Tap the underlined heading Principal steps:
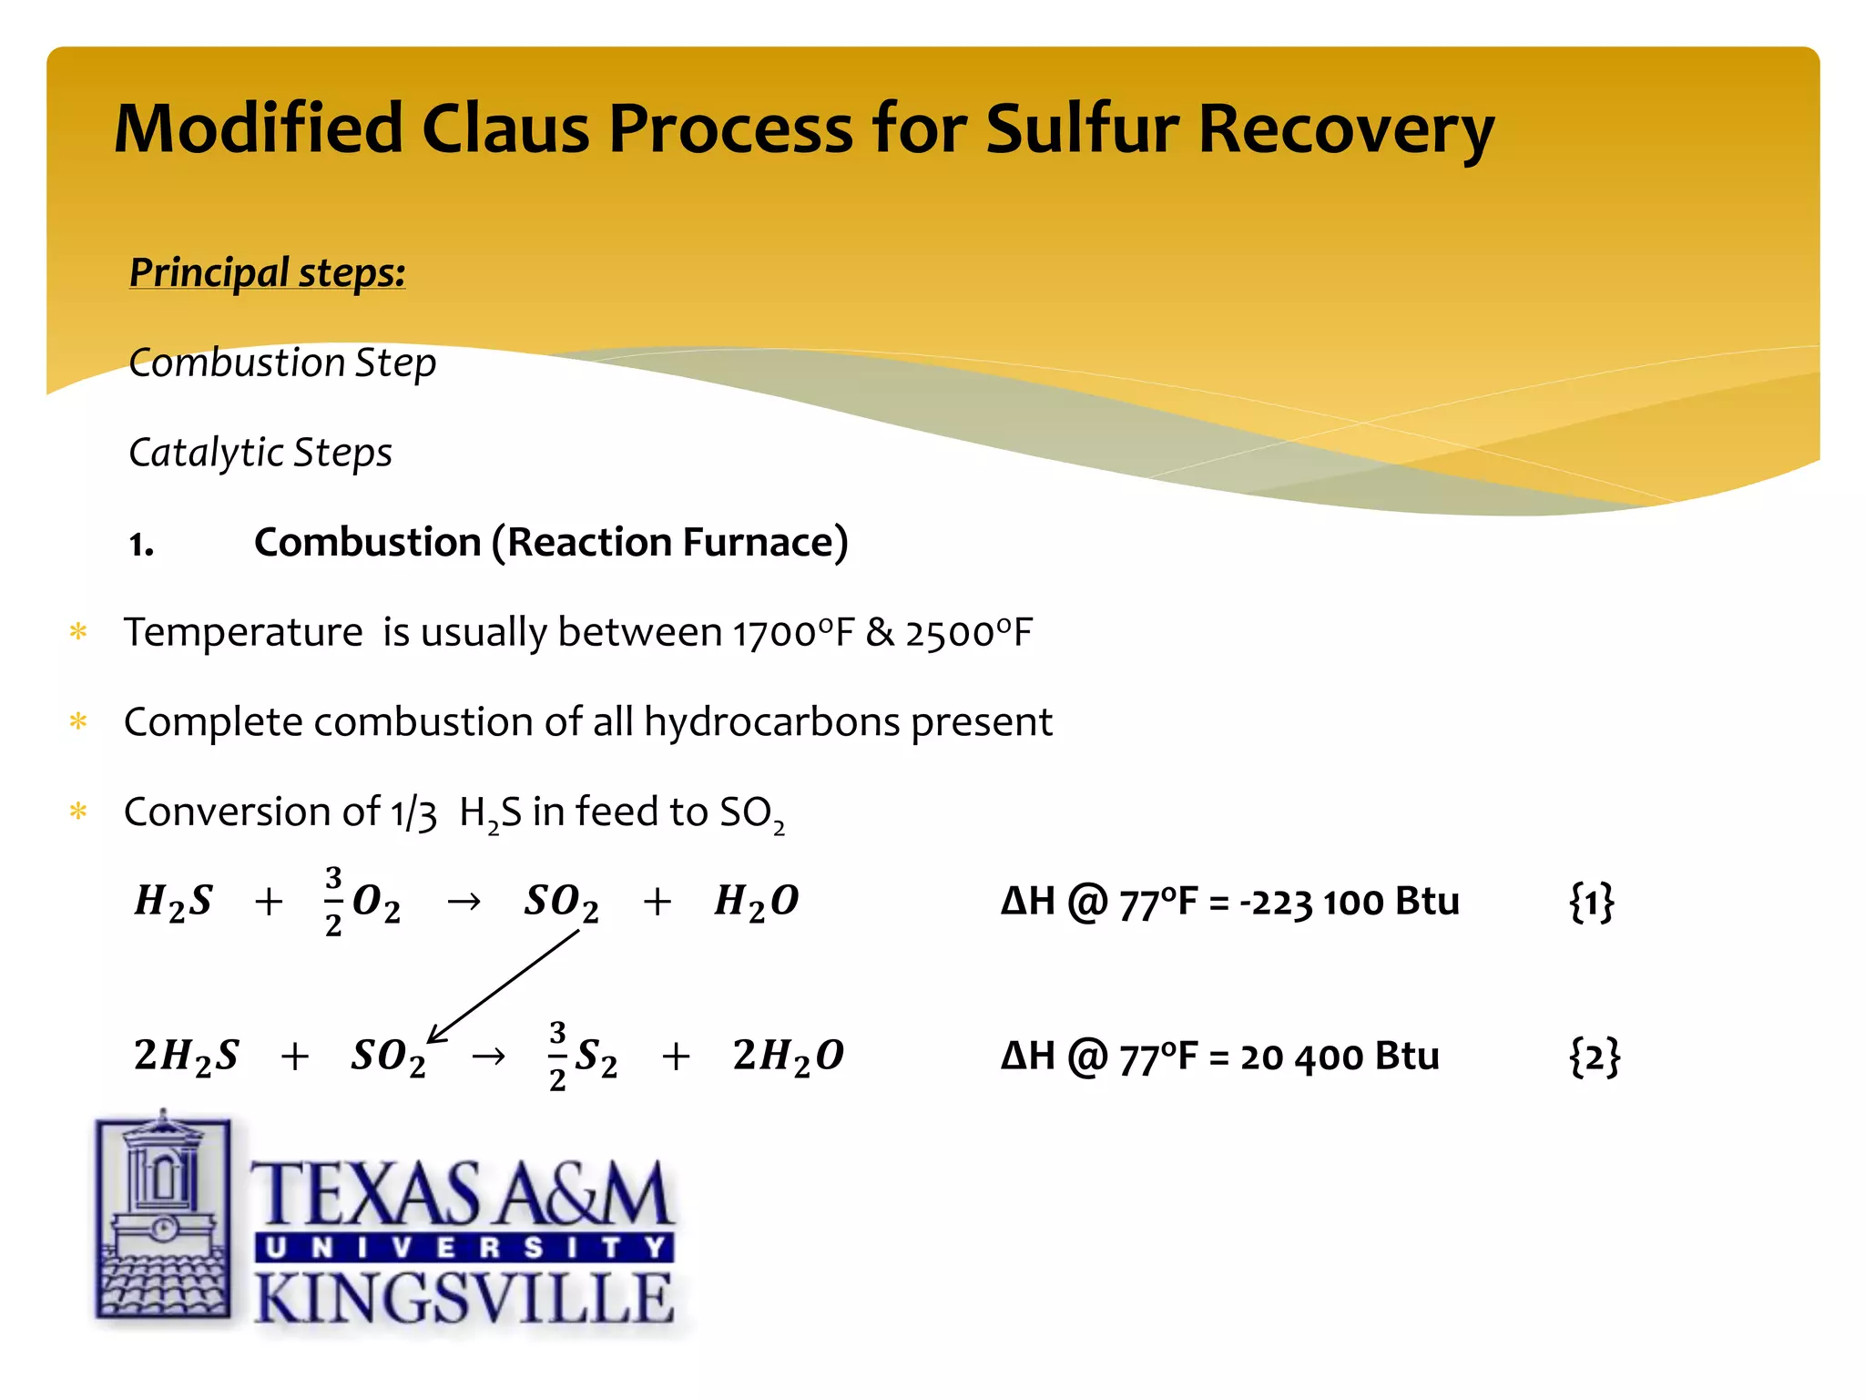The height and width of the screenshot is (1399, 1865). (267, 272)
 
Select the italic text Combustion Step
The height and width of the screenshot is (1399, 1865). (282, 363)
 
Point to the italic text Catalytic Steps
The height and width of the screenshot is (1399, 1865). (260, 453)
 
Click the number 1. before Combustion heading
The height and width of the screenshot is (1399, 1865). (141, 545)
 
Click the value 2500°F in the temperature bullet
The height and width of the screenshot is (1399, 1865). (969, 633)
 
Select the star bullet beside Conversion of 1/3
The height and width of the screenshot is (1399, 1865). (78, 812)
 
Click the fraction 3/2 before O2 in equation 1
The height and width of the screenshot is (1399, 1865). (333, 901)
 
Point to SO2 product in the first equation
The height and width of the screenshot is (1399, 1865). (561, 902)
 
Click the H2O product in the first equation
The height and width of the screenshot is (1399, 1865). (756, 902)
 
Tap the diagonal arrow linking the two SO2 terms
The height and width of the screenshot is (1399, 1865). (504, 986)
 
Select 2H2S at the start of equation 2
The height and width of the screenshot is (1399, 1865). (186, 1056)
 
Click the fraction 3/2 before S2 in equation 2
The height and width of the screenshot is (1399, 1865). (557, 1056)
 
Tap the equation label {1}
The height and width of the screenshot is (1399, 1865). (1591, 902)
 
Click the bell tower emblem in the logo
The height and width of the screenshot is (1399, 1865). (163, 1215)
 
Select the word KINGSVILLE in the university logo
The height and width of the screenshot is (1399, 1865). (464, 1298)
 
